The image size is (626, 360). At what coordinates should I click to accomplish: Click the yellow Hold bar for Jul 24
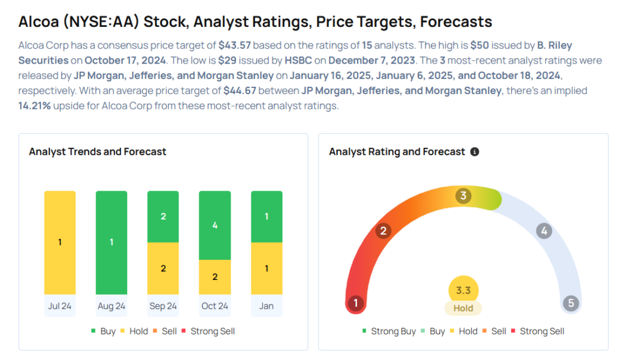(x=60, y=242)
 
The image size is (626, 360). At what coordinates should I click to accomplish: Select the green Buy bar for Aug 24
(x=111, y=242)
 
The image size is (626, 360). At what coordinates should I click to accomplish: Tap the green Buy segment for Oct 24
(x=215, y=225)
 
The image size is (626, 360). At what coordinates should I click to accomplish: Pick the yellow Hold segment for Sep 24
(x=163, y=269)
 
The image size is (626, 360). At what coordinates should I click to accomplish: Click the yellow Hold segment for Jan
(x=267, y=269)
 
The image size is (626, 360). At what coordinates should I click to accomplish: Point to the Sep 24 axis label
(x=163, y=306)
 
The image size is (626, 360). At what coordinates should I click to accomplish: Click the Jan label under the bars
(x=267, y=306)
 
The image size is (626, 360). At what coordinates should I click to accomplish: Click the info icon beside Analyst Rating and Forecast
(x=474, y=152)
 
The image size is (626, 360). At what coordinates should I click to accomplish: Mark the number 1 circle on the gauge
(x=355, y=303)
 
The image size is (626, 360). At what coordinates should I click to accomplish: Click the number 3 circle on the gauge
(x=464, y=196)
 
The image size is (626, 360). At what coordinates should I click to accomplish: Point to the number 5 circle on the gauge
(x=571, y=303)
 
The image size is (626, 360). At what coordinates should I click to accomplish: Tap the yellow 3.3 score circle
(x=463, y=291)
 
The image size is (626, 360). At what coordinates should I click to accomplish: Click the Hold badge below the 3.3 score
(x=463, y=308)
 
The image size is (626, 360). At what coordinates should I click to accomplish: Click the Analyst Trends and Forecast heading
(x=98, y=152)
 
